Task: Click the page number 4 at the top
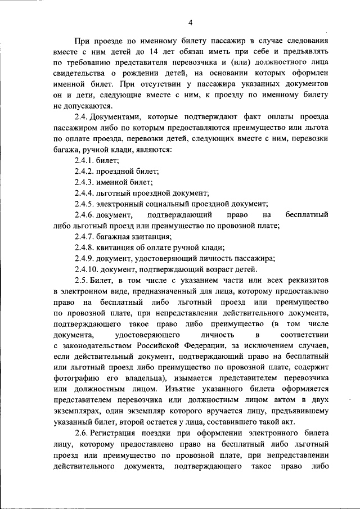[190, 22]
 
